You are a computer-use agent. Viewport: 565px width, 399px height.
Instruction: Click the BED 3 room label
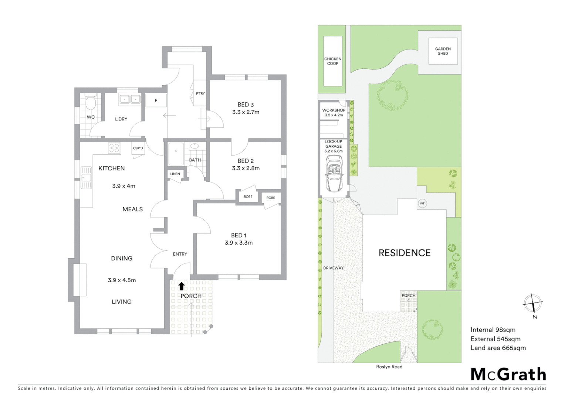246,105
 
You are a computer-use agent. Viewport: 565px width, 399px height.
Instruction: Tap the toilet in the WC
90,102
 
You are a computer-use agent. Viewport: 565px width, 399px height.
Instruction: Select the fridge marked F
156,100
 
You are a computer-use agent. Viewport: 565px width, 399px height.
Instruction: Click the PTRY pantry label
200,93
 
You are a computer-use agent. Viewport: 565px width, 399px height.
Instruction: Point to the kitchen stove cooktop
114,148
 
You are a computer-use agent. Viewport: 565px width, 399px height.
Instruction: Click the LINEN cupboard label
175,174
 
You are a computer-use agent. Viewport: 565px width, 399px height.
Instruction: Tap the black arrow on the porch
181,286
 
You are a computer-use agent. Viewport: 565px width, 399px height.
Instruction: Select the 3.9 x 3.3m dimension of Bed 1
238,243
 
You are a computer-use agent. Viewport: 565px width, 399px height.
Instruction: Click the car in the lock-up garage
334,173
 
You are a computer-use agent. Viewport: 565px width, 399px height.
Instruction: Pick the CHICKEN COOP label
333,61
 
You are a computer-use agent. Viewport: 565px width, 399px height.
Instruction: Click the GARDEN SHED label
443,51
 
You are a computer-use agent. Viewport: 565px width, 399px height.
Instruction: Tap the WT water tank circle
422,204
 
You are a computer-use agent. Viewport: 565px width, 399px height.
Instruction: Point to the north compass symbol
533,304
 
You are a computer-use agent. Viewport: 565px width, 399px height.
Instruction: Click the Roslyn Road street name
389,366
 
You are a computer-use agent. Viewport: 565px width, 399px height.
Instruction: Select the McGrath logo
508,374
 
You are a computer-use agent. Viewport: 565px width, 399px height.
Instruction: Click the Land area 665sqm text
498,348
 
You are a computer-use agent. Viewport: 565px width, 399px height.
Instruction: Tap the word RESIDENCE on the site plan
405,253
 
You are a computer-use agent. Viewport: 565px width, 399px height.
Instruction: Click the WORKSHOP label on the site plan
334,110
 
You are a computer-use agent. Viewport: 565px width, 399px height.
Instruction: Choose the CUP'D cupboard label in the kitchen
138,148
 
